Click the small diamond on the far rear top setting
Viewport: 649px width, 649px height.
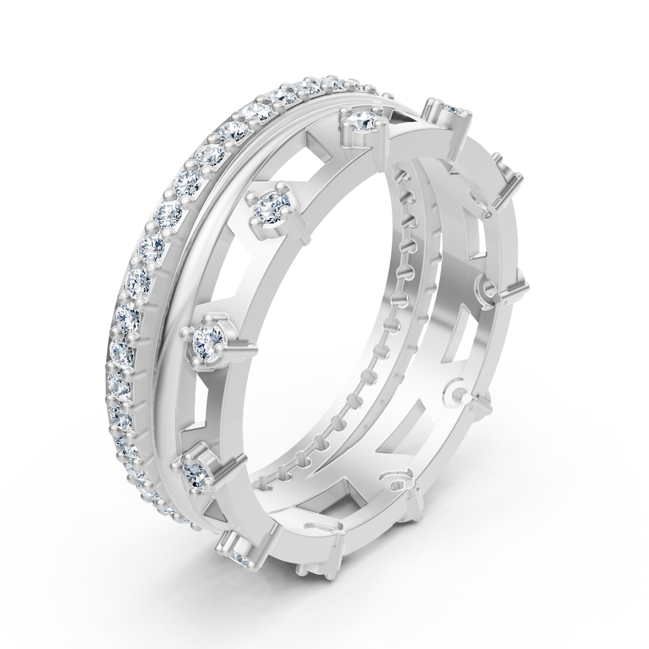coord(454,110)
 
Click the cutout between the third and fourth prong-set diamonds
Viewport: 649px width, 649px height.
coord(198,409)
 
